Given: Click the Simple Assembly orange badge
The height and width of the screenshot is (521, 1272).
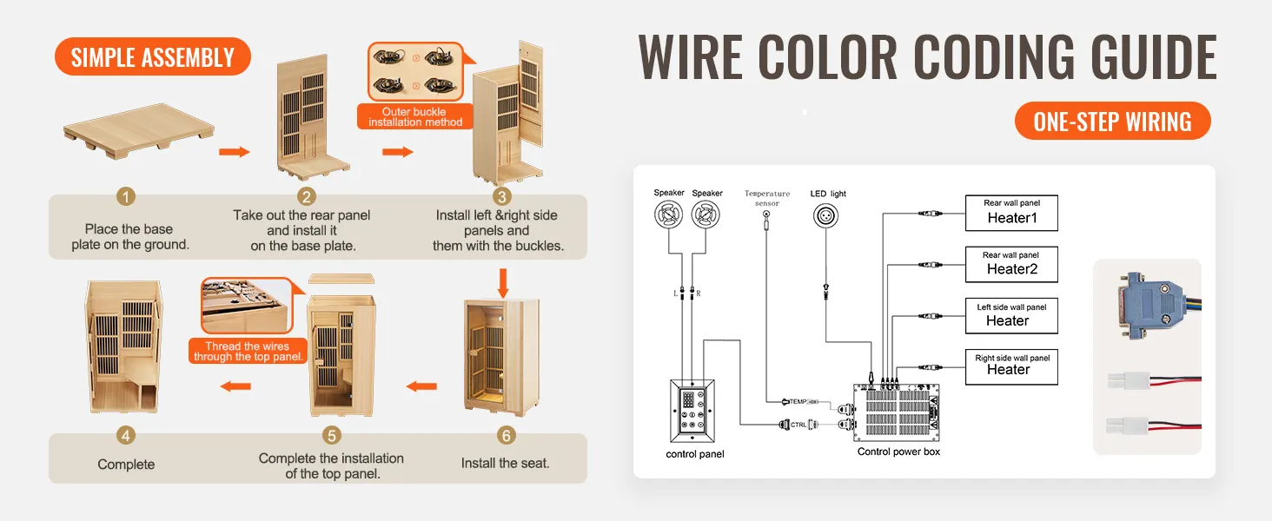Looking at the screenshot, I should [x=153, y=57].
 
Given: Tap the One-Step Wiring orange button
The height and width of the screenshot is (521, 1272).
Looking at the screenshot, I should [x=1112, y=122].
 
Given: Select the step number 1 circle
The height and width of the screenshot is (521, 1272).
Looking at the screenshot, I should [x=127, y=197].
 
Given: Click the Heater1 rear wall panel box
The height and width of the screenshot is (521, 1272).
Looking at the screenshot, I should [x=1011, y=213].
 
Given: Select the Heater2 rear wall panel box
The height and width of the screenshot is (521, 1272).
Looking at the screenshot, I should [x=1011, y=264].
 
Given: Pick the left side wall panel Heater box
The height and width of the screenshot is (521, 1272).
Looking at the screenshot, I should [x=1011, y=315].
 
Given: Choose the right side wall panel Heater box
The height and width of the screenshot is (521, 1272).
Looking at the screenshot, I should [x=1011, y=366].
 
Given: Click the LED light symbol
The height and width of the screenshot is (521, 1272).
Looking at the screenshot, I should [x=827, y=217].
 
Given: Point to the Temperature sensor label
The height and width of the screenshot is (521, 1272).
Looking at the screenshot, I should [x=767, y=198].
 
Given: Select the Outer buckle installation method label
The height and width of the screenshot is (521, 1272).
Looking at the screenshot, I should [x=414, y=117].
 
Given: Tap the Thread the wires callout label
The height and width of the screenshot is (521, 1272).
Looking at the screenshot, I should [x=248, y=352].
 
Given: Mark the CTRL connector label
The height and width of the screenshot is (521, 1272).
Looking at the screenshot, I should [x=798, y=425].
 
